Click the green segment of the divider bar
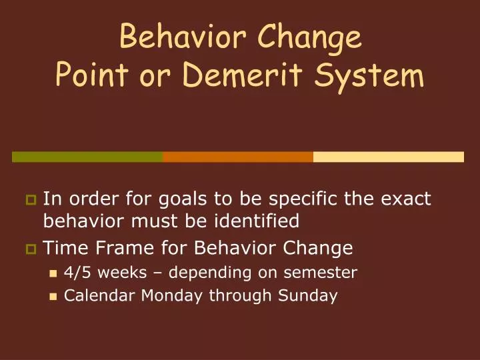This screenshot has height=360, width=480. coord(87,157)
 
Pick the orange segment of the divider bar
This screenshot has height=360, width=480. coord(238,157)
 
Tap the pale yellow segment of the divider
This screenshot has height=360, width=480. coord(388,157)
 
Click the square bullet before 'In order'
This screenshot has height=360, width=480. coord(31,199)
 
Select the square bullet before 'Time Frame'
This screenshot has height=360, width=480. coord(31,249)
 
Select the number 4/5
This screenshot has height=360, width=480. coord(76,273)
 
